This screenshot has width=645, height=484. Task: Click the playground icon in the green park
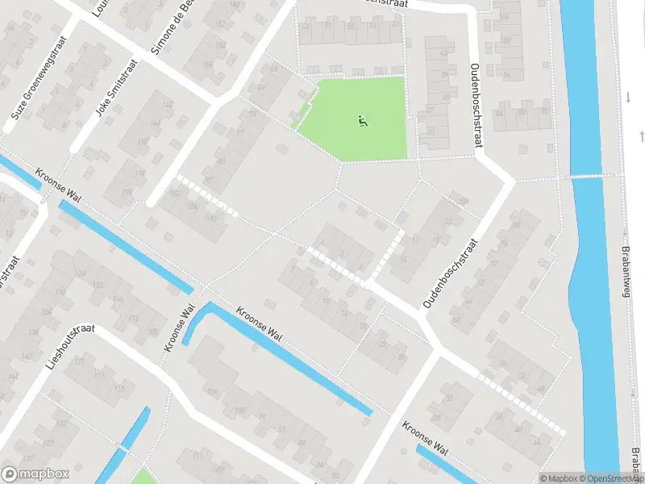(x=361, y=123)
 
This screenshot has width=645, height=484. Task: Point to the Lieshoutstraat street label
(x=71, y=347)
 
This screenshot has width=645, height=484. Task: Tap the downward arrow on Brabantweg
(x=628, y=98)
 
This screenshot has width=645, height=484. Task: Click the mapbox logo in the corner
(x=34, y=474)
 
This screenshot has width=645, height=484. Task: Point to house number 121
(x=79, y=363)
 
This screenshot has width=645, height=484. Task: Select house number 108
(x=212, y=391)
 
